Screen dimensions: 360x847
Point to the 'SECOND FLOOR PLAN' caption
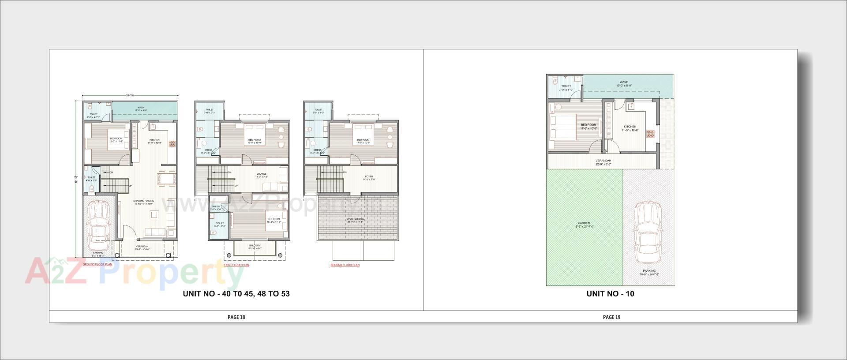pos(345,265)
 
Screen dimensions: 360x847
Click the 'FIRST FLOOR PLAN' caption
pos(236,265)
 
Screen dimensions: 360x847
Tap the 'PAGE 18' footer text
pos(236,317)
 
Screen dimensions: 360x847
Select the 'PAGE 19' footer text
pos(611,317)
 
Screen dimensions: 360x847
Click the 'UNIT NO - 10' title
pos(610,294)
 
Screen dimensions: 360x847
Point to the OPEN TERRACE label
pos(355,219)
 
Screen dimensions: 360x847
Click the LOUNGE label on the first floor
pos(261,174)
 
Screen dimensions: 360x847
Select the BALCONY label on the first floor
pos(255,246)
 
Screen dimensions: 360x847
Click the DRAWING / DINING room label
pos(144,201)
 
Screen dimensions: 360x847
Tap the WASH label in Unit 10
pos(624,82)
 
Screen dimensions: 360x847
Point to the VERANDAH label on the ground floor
pos(142,246)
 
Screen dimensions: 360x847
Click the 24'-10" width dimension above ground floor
pos(130,95)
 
